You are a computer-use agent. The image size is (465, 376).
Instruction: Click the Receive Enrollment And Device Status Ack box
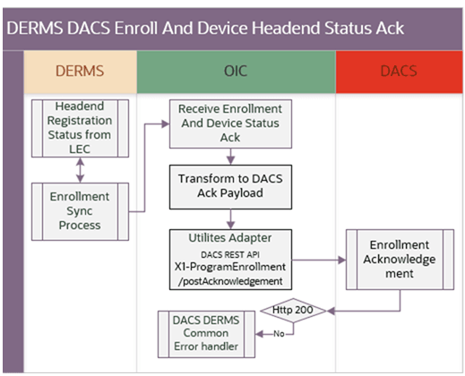[230, 124]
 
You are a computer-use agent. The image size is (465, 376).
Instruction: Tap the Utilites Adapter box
[230, 259]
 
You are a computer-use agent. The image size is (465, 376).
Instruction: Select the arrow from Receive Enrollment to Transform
[230, 156]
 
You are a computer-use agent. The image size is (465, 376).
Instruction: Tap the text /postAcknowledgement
[230, 279]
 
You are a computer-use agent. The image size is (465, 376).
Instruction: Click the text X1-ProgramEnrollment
[230, 266]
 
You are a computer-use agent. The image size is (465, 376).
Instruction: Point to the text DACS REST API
[230, 252]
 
